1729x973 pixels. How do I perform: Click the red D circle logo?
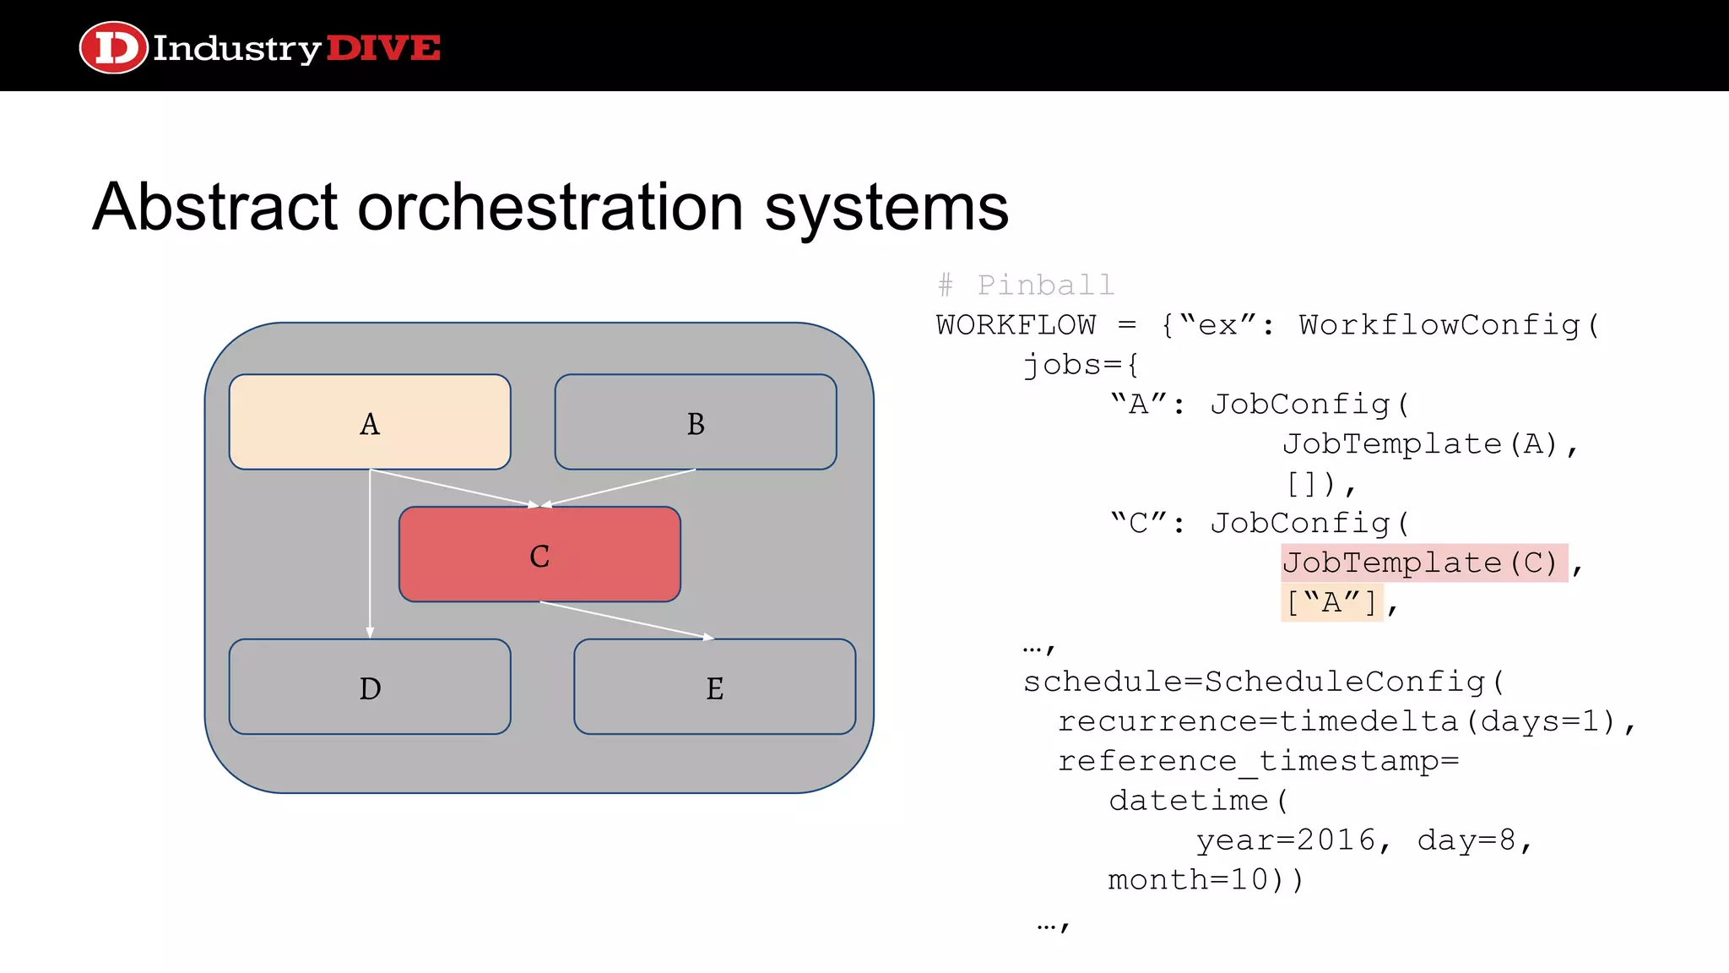pos(113,48)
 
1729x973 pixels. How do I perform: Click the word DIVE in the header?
pos(382,48)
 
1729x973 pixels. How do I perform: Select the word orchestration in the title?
pos(550,207)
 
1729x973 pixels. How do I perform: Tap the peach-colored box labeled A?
pos(370,422)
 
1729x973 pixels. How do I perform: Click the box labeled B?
pos(695,422)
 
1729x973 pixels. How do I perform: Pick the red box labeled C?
pos(539,555)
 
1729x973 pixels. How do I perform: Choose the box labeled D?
pos(370,687)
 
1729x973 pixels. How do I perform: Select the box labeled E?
pos(714,687)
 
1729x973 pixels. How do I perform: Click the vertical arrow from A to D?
pos(370,557)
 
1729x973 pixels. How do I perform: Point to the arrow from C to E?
pos(626,620)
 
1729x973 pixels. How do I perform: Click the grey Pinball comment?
pos(1027,285)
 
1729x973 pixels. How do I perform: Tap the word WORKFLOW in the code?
pos(1016,325)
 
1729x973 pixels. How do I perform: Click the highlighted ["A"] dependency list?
pos(1331,603)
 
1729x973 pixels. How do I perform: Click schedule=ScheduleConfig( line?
pos(1263,682)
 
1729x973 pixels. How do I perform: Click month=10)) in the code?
pos(1206,880)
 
